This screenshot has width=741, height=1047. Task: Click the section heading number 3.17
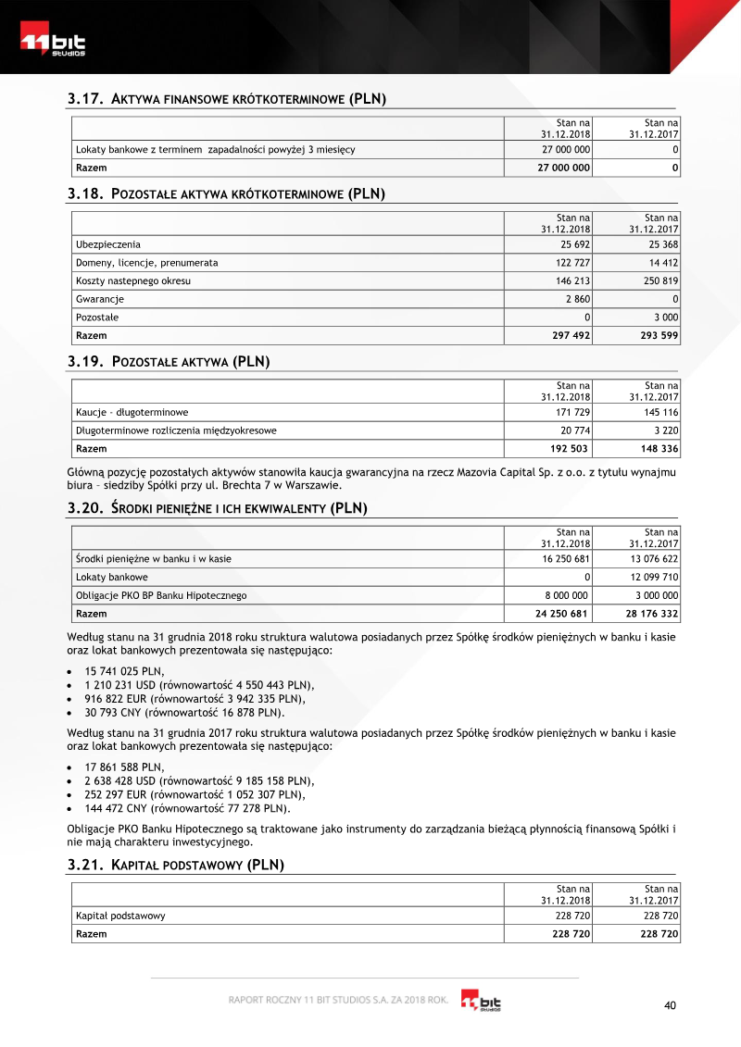85,99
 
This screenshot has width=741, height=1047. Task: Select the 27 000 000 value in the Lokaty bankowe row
565,149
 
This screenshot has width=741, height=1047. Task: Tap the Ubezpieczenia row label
108,244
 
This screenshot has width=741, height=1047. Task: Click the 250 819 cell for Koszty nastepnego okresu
659,280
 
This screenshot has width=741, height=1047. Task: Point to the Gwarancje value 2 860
577,299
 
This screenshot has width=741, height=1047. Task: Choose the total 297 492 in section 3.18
570,335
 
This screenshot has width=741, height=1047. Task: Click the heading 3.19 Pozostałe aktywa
169,362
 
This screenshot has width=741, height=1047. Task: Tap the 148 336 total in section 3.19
659,449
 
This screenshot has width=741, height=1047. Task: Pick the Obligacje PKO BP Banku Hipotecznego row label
161,595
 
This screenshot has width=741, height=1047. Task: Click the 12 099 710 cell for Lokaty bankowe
654,577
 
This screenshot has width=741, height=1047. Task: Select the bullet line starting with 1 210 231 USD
199,685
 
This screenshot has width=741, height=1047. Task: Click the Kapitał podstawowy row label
120,916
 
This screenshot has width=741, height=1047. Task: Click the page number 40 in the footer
672,1005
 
